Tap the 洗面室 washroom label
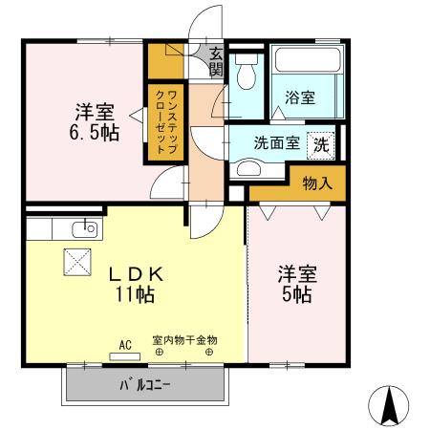[276, 143]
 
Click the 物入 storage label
[317, 183]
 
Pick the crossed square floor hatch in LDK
[75, 261]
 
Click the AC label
[124, 344]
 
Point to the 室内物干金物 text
[184, 339]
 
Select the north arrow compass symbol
[390, 405]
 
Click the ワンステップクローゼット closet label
[165, 120]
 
